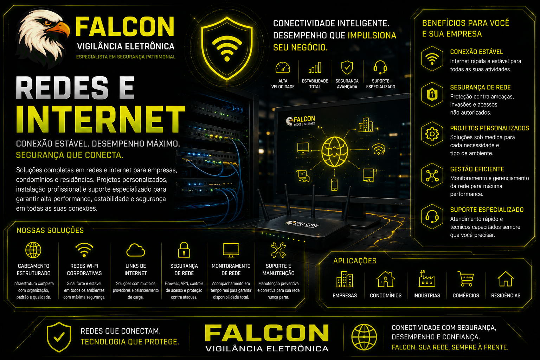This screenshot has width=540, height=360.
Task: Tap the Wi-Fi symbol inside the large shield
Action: pyautogui.click(x=227, y=48)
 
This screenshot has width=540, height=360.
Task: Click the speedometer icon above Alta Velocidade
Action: pyautogui.click(x=283, y=68)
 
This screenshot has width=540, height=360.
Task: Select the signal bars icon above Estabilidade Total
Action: pyautogui.click(x=315, y=67)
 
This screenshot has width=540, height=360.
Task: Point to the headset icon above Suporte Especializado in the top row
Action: pyautogui.click(x=380, y=67)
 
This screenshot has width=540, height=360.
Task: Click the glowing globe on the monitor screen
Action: pyautogui.click(x=335, y=152)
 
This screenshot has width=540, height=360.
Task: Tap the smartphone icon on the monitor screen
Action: pyautogui.click(x=334, y=185)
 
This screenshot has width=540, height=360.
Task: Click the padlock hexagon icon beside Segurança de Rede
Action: pyautogui.click(x=432, y=94)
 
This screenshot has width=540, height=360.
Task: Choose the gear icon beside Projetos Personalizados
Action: pyautogui.click(x=432, y=134)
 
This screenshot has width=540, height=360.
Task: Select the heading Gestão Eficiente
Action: pyautogui.click(x=477, y=169)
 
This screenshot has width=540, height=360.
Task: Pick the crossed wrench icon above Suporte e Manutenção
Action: pyautogui.click(x=278, y=250)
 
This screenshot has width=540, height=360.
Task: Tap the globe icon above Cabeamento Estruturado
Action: pyautogui.click(x=33, y=250)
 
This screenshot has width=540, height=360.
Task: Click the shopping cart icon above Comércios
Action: pyautogui.click(x=465, y=279)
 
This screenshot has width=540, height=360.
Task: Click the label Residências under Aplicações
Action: pyautogui.click(x=506, y=295)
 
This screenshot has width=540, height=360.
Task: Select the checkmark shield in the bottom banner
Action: pyautogui.click(x=59, y=337)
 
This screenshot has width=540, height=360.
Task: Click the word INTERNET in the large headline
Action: pyautogui.click(x=101, y=119)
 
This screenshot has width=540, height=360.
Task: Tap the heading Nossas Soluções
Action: pyautogui.click(x=50, y=230)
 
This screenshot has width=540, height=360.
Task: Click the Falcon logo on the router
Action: pyautogui.click(x=303, y=225)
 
